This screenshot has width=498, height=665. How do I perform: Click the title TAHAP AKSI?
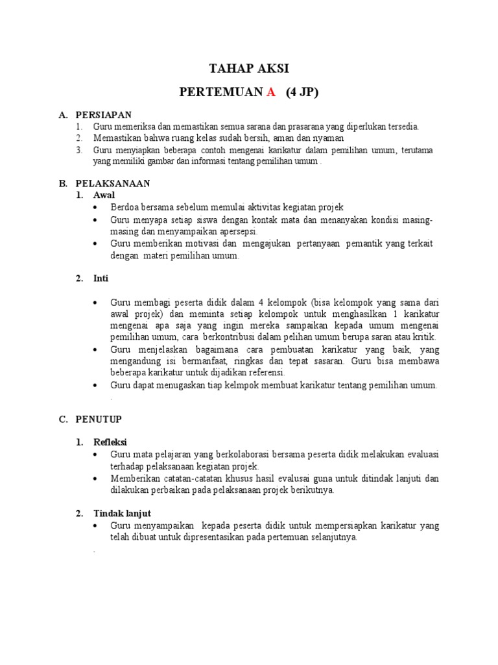[x=249, y=69]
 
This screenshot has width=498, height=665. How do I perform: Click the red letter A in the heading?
[x=271, y=93]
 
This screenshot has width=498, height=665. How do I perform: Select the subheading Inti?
[x=101, y=279]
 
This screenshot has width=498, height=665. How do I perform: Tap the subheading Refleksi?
[x=110, y=442]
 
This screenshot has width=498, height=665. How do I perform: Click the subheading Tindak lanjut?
[x=121, y=513]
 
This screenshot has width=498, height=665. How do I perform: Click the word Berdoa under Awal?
[x=125, y=207]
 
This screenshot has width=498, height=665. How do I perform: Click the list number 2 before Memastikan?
[x=78, y=138]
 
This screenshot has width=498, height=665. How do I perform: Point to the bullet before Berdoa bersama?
[x=95, y=207]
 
